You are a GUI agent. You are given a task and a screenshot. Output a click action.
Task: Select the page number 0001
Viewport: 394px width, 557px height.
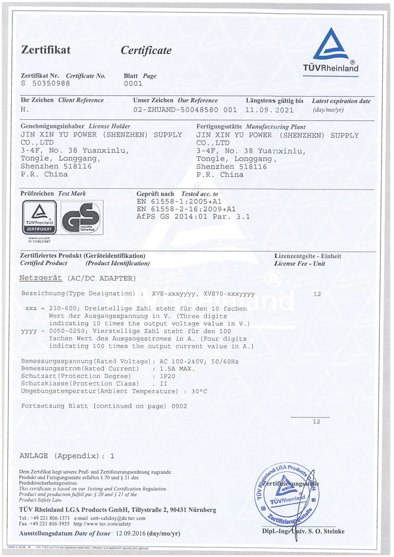pos(133,83)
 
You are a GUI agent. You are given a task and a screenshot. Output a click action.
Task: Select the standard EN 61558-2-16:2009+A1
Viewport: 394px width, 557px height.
pos(186,209)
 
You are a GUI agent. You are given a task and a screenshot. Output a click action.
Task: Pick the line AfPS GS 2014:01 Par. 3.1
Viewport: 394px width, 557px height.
pos(193,217)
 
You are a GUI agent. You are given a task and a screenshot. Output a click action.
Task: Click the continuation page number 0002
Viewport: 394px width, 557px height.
pos(178,406)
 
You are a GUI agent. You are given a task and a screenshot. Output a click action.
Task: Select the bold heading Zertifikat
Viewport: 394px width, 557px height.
pos(46,50)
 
